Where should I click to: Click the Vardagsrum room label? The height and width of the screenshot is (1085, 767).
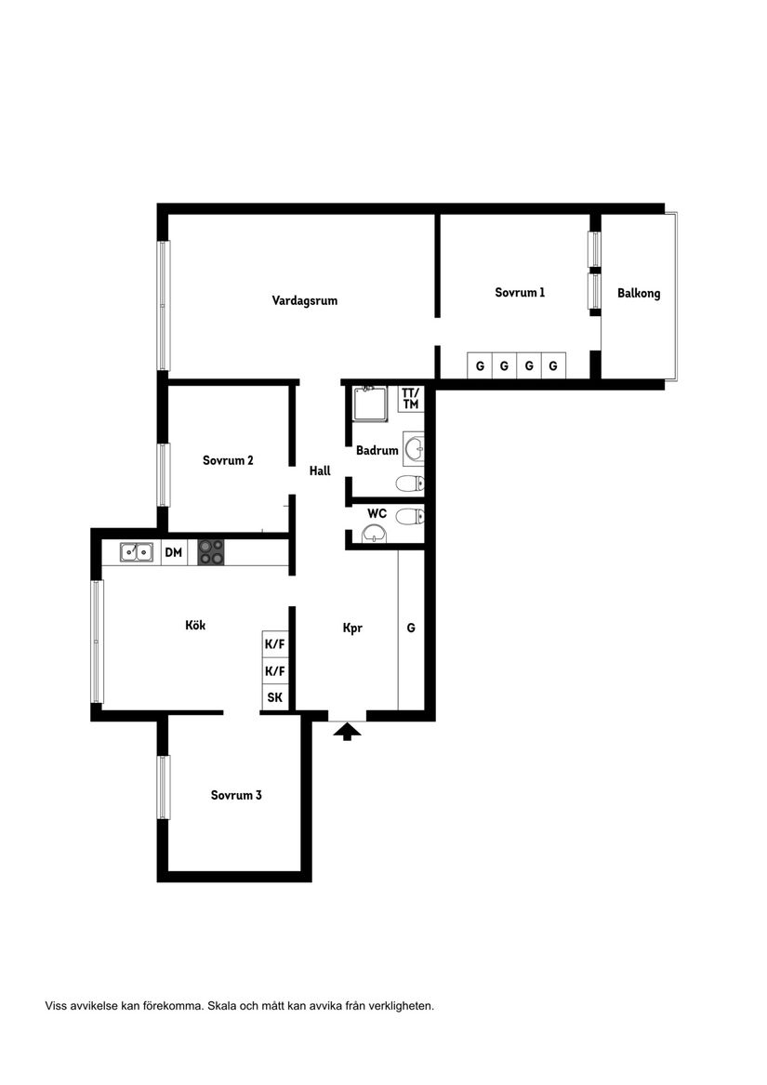coord(304,300)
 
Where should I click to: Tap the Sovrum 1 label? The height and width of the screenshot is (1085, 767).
coord(519,292)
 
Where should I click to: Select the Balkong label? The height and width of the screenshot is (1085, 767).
coord(639,293)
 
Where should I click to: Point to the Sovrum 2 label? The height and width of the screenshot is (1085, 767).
coord(228,460)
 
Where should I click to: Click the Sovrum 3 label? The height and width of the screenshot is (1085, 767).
coord(235,795)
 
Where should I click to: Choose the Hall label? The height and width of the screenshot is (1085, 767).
coord(320,471)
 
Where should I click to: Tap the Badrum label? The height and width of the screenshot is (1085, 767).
coord(377,451)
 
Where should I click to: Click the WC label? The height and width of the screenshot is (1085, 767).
coord(377,513)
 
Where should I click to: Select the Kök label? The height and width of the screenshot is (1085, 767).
coord(195,625)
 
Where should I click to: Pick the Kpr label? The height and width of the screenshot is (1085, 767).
coord(352,628)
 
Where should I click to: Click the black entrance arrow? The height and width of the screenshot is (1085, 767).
coord(347,731)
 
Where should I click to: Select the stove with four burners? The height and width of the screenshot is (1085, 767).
coord(211,552)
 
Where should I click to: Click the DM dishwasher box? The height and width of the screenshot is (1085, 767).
coord(174,552)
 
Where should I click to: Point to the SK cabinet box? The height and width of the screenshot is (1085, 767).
coord(274,697)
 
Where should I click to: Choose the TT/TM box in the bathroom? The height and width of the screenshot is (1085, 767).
coord(410,398)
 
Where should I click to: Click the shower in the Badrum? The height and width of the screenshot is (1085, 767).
coord(369,404)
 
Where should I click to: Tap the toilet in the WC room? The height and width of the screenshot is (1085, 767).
coord(410,516)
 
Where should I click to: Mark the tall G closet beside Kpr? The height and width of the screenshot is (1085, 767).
coord(411,629)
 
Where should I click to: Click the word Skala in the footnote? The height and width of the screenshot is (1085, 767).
coord(223,1006)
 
